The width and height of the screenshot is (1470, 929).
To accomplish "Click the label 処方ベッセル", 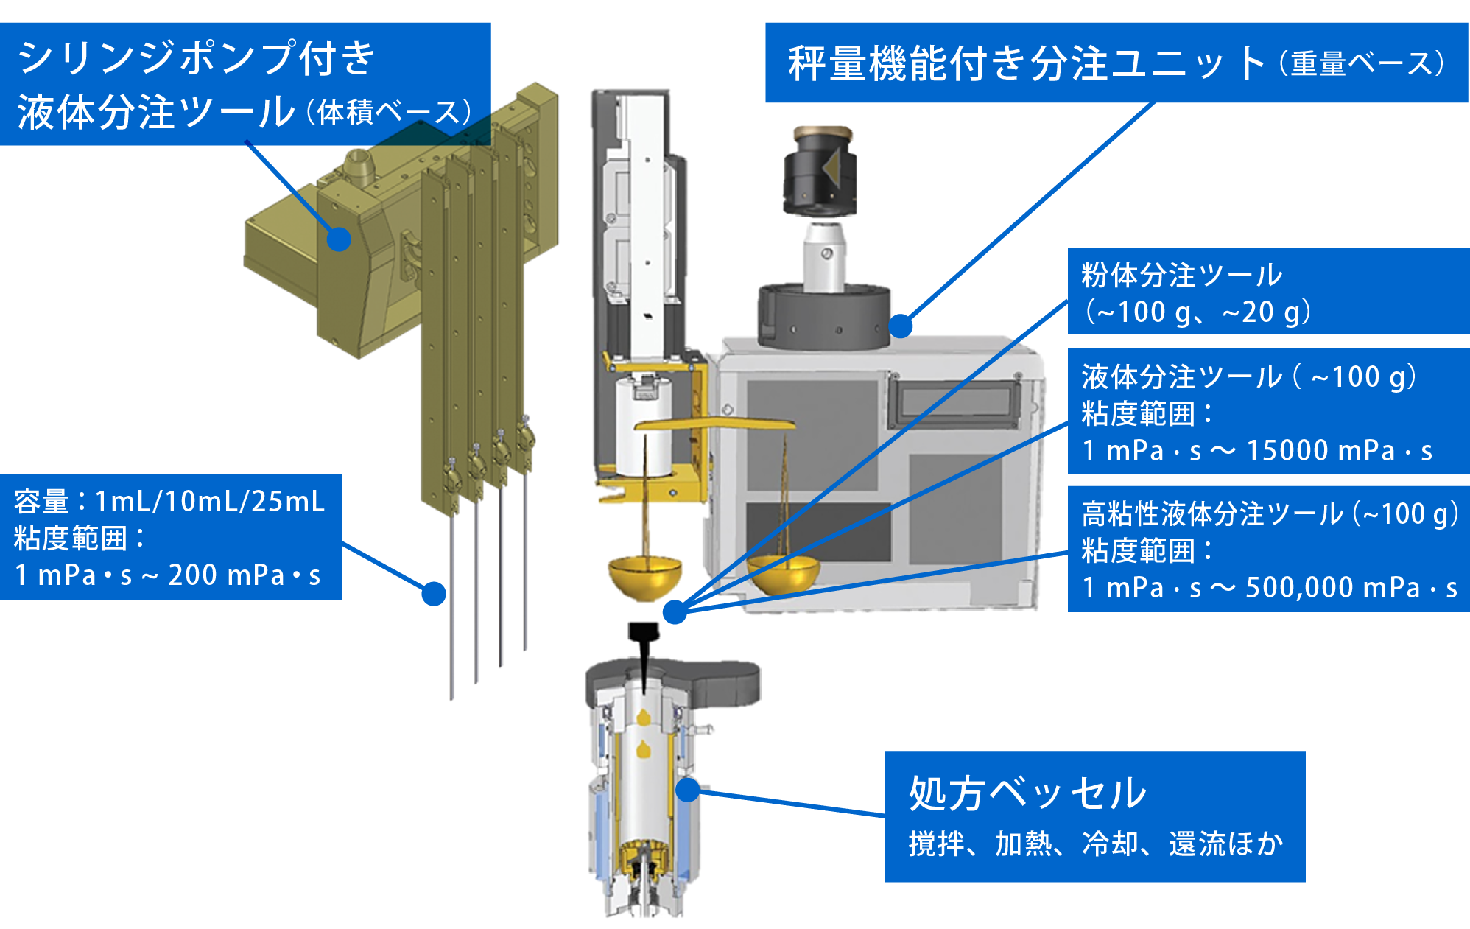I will (1027, 793).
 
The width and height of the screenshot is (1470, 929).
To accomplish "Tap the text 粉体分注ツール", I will (1181, 276).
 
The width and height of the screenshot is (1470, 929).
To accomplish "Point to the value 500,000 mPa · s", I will (1351, 588).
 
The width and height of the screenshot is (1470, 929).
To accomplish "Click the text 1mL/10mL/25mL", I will (210, 502).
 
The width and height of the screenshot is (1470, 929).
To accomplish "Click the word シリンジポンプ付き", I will (196, 58).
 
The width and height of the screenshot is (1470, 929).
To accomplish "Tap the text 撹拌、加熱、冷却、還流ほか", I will (1095, 844).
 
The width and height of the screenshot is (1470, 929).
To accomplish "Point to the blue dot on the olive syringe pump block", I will (339, 238).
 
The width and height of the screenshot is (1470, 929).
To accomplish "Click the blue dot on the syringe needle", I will (434, 593).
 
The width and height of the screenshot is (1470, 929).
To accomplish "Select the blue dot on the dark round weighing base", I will (900, 326).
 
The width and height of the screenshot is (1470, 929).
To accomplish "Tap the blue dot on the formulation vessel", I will (687, 790).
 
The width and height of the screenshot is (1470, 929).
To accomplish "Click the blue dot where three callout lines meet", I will (675, 611).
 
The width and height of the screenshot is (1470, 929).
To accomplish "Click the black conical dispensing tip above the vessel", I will (644, 648).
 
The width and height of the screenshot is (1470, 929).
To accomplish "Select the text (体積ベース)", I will (388, 113).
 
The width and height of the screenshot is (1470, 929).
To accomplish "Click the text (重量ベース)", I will (1362, 63).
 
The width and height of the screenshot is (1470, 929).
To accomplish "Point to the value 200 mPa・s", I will (245, 575).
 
